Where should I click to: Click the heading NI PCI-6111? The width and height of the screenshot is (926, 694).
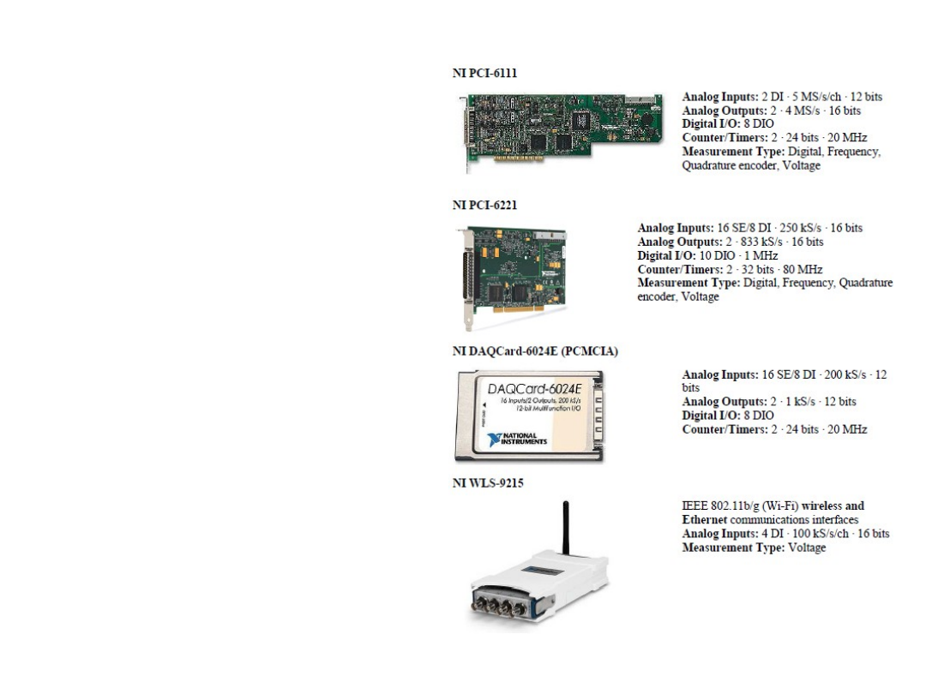pyautogui.click(x=484, y=73)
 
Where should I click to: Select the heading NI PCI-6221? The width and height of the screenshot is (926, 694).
pyautogui.click(x=484, y=205)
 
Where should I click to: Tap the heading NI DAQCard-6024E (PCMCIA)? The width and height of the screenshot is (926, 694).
pyautogui.click(x=535, y=350)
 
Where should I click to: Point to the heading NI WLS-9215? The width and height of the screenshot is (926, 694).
pyautogui.click(x=488, y=483)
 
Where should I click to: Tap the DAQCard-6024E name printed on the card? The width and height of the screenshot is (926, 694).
pyautogui.click(x=534, y=390)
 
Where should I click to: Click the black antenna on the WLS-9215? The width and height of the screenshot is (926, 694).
pyautogui.click(x=565, y=531)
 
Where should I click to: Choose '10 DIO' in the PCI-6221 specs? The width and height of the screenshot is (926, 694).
pyautogui.click(x=701, y=255)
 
